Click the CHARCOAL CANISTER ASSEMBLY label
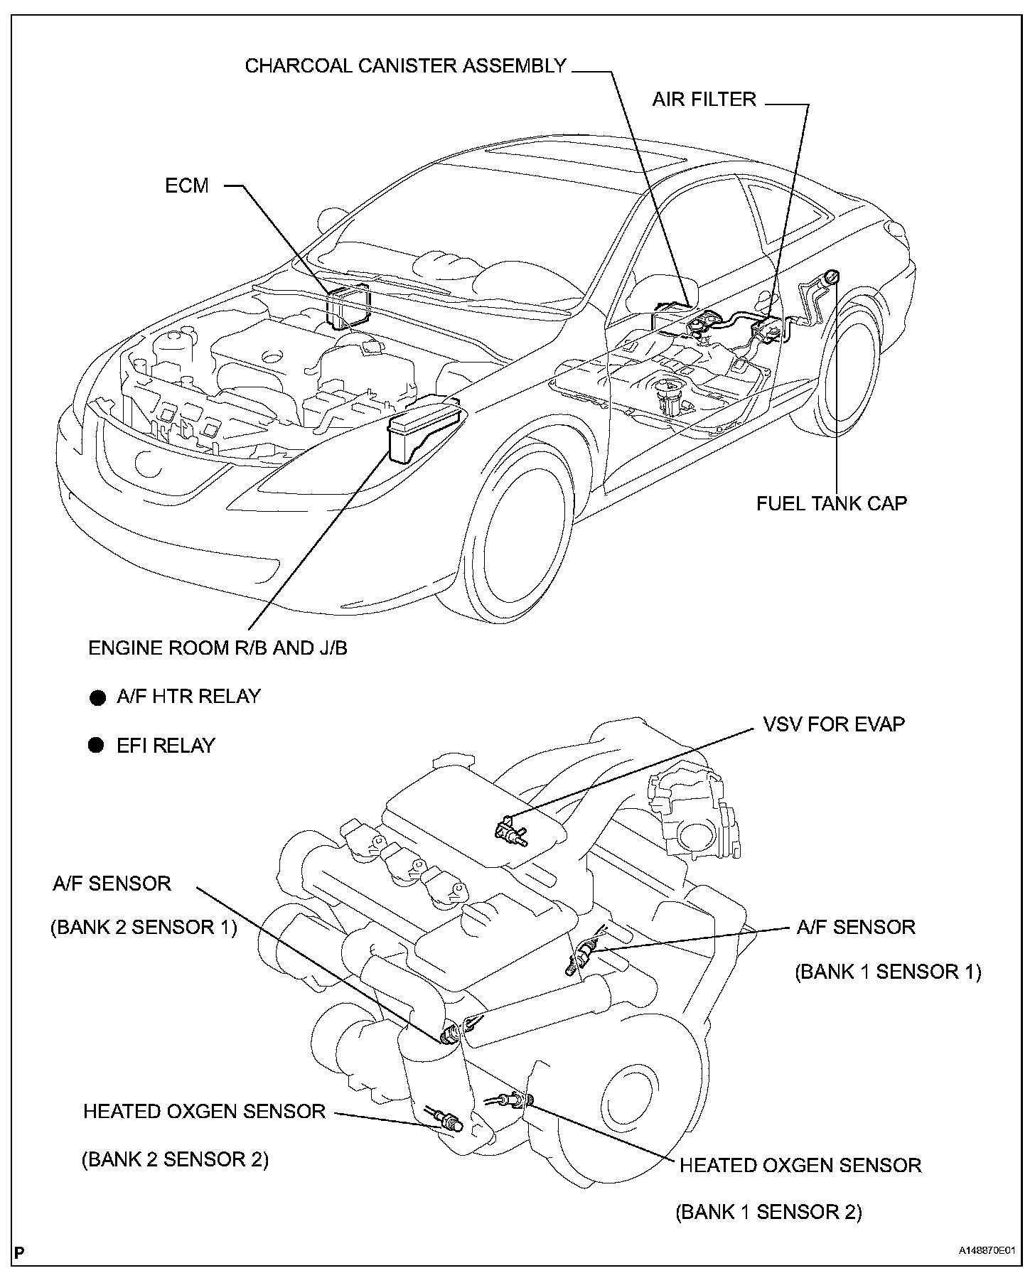pyautogui.click(x=405, y=66)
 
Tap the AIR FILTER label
pyautogui.click(x=704, y=99)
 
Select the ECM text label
pyautogui.click(x=187, y=186)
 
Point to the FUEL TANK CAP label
pyautogui.click(x=831, y=503)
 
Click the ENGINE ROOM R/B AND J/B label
pyautogui.click(x=218, y=648)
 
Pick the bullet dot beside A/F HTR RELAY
pyautogui.click(x=97, y=697)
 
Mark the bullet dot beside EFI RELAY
pyautogui.click(x=97, y=746)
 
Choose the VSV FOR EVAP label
pyautogui.click(x=833, y=725)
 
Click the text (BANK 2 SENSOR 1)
pyautogui.click(x=143, y=928)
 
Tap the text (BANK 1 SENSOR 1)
pyautogui.click(x=888, y=972)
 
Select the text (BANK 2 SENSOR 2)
pyautogui.click(x=175, y=1159)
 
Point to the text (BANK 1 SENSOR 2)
pyautogui.click(x=768, y=1212)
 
